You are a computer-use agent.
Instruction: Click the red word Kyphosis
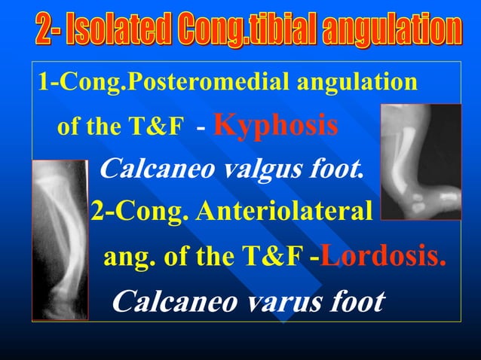pyautogui.click(x=275, y=125)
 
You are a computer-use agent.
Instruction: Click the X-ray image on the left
pyautogui.click(x=60, y=239)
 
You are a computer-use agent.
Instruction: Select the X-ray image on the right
pyautogui.click(x=420, y=161)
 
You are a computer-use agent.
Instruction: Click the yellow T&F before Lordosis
pyautogui.click(x=274, y=258)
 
